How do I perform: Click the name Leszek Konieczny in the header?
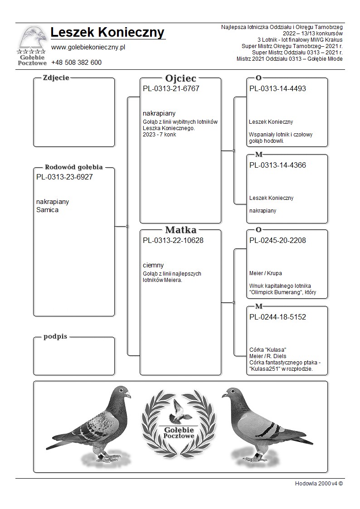coord(107,33)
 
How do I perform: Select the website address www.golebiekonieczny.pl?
coord(88,47)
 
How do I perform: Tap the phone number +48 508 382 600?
coord(76,63)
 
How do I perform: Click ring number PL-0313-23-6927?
coord(64,177)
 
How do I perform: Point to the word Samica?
coord(47,210)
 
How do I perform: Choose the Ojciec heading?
coord(180,78)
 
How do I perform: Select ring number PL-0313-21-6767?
coord(171,88)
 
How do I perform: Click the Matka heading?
coord(180,230)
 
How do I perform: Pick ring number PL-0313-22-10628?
coord(173,240)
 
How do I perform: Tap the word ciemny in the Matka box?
coord(153,265)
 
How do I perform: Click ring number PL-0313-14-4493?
coord(277,88)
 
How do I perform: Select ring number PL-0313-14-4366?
coord(277,165)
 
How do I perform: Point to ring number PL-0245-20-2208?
coord(277,240)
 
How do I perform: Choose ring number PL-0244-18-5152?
coord(277,317)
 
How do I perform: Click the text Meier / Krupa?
coord(266,273)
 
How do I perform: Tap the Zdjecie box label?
coord(56,78)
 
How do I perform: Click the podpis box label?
coord(55,336)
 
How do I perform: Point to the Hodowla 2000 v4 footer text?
coord(319,483)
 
